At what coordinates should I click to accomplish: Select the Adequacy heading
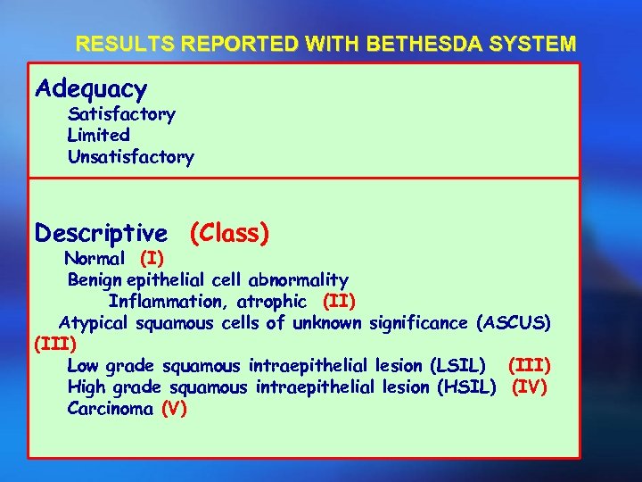(90, 89)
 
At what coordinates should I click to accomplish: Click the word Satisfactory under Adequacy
(121, 114)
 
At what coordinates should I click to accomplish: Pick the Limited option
(98, 136)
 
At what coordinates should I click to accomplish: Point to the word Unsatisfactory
(130, 157)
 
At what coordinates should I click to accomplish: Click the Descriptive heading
(100, 234)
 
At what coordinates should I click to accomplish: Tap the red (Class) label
(229, 234)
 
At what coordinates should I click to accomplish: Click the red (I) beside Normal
(152, 259)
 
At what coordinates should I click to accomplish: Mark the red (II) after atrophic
(339, 302)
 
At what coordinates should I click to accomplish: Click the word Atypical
(95, 322)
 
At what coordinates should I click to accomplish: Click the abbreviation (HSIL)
(466, 386)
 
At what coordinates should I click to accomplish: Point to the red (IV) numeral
(530, 386)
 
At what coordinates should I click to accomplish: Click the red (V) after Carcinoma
(174, 409)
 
